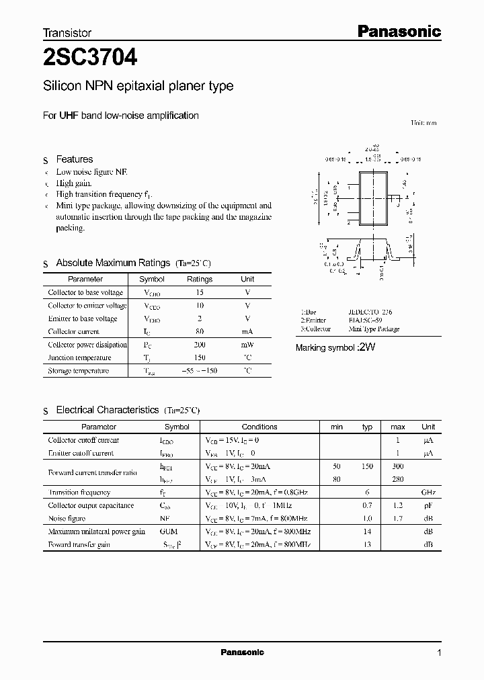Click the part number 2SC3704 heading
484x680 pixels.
point(90,58)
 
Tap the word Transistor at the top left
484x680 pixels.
point(67,32)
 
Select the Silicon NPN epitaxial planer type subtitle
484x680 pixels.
point(138,86)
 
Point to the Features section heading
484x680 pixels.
point(74,159)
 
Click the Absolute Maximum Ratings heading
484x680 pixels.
point(114,263)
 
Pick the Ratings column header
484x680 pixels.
point(199,279)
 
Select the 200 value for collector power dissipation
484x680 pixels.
point(199,344)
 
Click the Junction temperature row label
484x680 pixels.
point(79,357)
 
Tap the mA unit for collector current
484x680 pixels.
point(247,331)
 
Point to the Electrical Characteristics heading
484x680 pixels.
point(107,410)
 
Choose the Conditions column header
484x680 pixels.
point(259,427)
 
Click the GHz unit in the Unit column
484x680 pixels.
point(428,492)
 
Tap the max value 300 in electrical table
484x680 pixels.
point(397,466)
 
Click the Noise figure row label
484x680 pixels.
point(67,518)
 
